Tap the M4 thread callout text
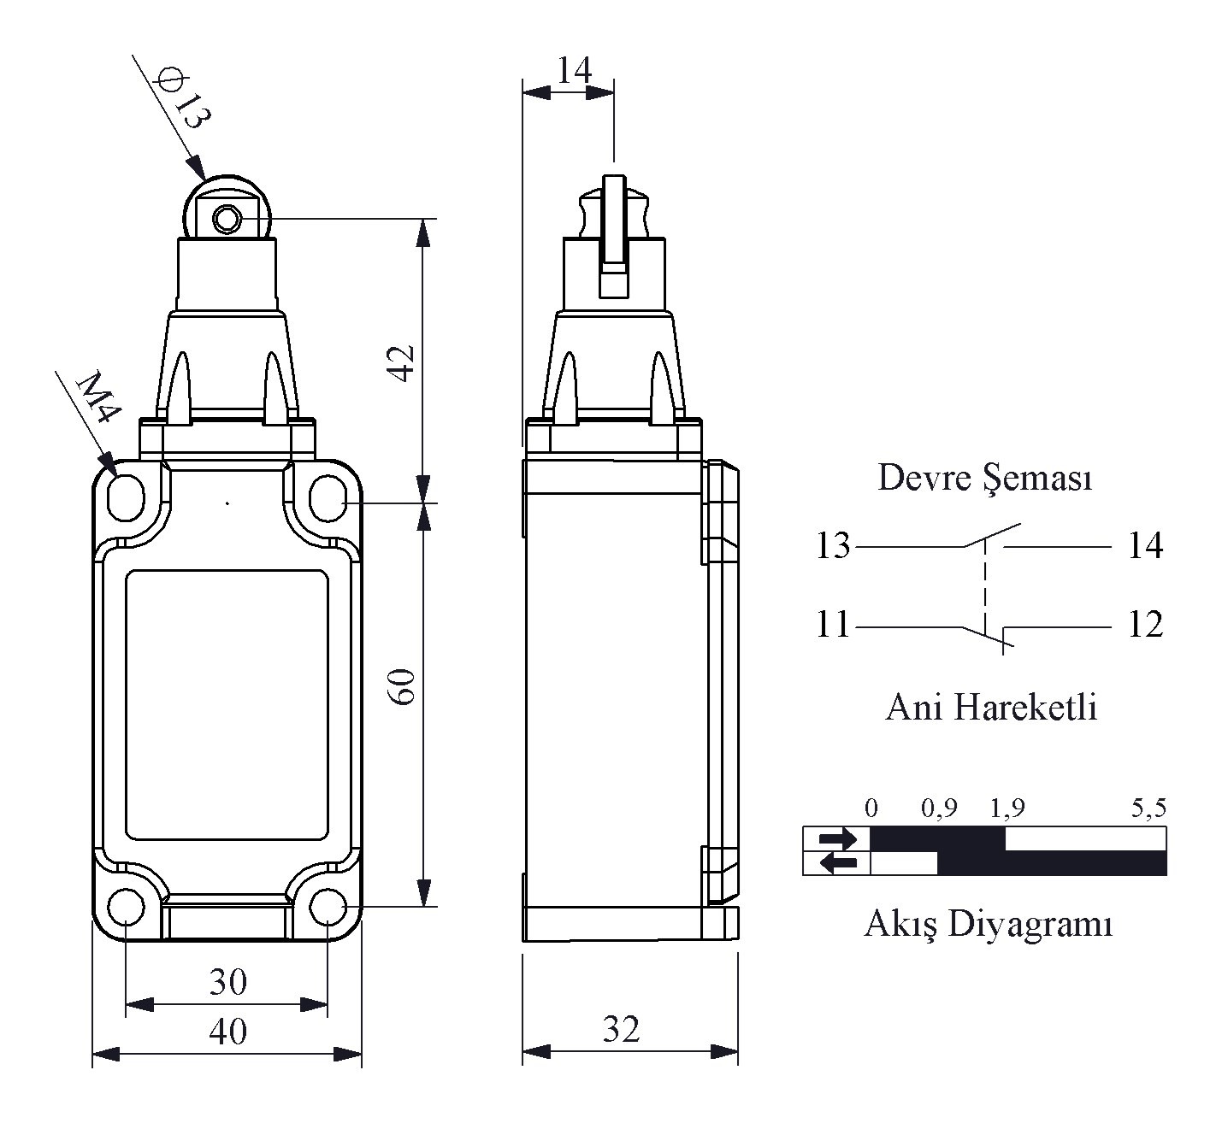(x=97, y=398)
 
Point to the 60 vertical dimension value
(x=403, y=686)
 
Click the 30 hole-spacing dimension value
(x=227, y=982)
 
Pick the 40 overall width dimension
(x=227, y=1032)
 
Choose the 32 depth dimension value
(x=621, y=1030)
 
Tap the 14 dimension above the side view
(x=574, y=70)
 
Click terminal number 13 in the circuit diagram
(x=832, y=545)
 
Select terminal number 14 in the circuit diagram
(x=1145, y=545)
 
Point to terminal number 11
(x=832, y=626)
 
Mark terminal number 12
(x=1145, y=626)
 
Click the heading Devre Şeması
(x=985, y=479)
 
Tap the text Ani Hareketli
(x=990, y=708)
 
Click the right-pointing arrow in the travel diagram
(x=837, y=839)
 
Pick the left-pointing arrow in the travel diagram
(x=837, y=863)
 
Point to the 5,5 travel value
(x=1148, y=808)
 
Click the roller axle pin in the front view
(x=227, y=220)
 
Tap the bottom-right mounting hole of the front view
(x=326, y=907)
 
